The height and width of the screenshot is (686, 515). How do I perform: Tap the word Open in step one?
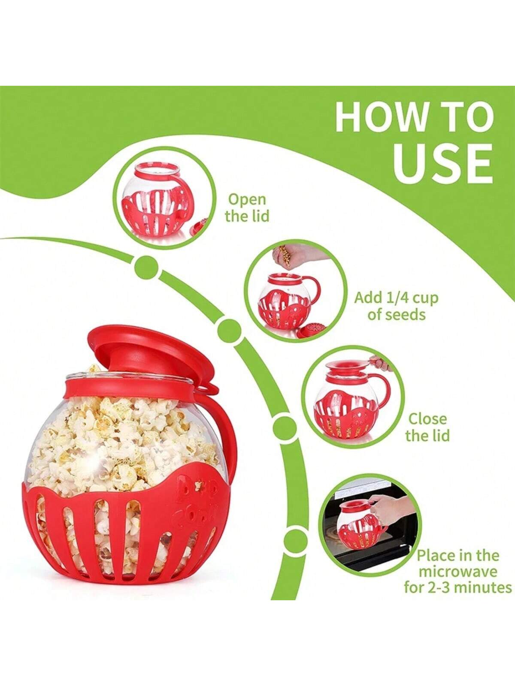pos(247,200)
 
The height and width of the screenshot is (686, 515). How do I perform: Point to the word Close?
pos(428,419)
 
